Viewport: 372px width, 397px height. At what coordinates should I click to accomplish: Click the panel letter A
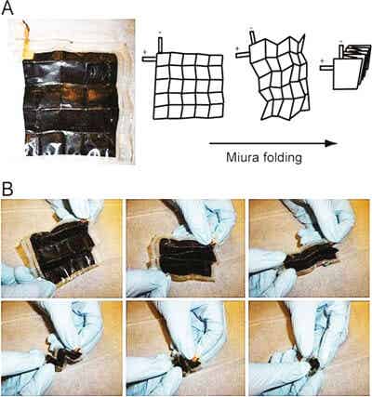point(7,8)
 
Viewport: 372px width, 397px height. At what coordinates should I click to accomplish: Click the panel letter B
point(7,190)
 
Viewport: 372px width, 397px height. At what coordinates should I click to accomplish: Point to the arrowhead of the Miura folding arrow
point(331,143)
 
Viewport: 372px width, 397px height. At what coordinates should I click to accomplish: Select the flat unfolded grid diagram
point(189,86)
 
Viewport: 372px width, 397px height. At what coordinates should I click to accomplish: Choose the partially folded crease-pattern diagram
point(278,78)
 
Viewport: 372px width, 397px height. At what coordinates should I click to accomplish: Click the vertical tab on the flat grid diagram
point(160,46)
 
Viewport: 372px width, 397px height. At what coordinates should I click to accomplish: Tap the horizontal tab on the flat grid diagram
point(150,59)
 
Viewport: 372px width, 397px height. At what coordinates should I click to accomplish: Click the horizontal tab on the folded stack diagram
point(326,68)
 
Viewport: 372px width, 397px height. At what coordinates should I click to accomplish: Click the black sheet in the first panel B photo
point(62,251)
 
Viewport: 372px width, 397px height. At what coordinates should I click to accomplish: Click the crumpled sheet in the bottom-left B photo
point(63,357)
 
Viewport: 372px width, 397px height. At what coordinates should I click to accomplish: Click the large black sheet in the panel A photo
point(71,105)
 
